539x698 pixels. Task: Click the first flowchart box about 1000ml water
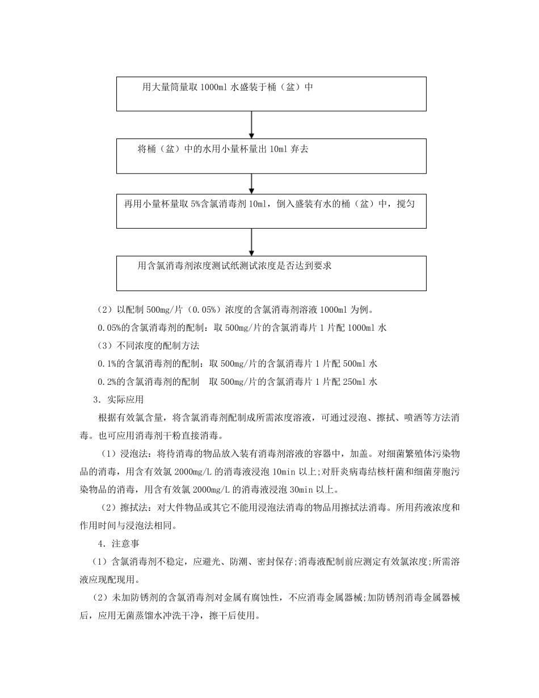271,94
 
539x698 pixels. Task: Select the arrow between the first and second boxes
252,125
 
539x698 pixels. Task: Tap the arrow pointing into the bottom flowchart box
252,242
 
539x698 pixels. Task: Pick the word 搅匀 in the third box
405,204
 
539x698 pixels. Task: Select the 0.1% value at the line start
107,363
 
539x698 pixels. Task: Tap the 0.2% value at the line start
107,381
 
